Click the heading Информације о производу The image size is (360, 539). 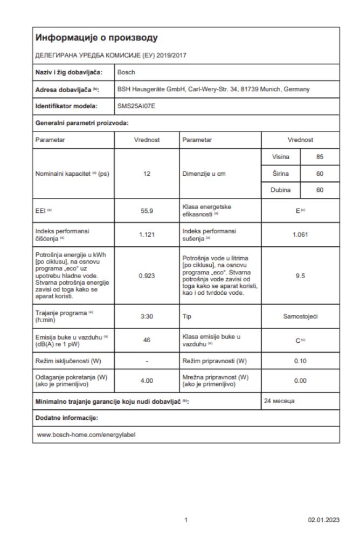click(x=96, y=38)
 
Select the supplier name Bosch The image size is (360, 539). click(x=126, y=71)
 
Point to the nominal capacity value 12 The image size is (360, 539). click(x=147, y=174)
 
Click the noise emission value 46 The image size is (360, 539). click(x=147, y=341)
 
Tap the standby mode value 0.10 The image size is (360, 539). click(x=300, y=360)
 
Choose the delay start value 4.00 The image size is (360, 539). click(x=147, y=381)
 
